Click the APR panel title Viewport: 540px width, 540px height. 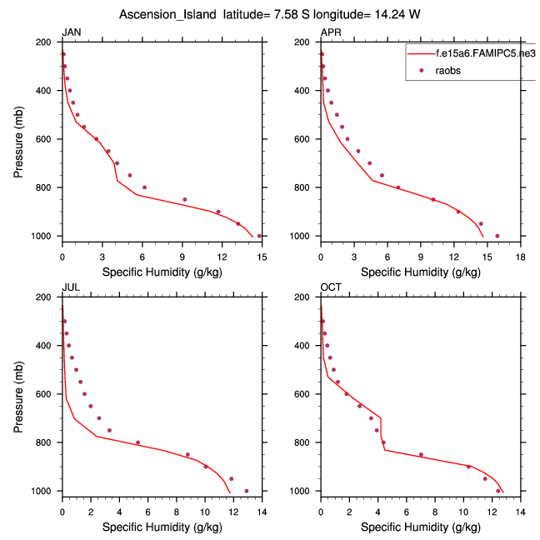point(330,32)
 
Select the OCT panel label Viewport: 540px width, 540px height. point(330,287)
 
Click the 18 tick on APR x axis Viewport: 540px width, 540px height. point(520,249)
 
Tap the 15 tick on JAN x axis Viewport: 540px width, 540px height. point(262,249)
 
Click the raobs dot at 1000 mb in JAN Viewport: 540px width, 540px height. point(259,236)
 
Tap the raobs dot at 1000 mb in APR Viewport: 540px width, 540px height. point(497,236)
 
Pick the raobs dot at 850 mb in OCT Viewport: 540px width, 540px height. point(421,454)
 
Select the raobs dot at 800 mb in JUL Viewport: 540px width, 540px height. point(138,442)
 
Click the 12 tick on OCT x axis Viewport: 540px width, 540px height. point(492,504)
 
